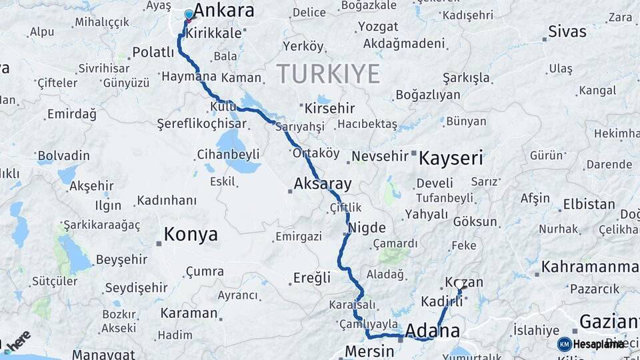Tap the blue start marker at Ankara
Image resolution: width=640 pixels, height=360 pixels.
click(x=189, y=15)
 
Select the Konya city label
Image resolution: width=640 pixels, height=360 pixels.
click(x=191, y=234)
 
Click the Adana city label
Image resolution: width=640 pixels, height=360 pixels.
click(x=433, y=331)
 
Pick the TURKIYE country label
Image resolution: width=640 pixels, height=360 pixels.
click(x=328, y=73)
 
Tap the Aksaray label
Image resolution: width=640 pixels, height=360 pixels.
click(x=323, y=183)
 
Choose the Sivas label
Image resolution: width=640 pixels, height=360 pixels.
click(x=567, y=31)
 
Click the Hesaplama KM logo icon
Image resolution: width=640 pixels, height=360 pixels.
click(x=565, y=344)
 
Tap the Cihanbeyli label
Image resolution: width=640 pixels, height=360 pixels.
click(x=228, y=155)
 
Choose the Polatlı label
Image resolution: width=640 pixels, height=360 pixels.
click(x=153, y=52)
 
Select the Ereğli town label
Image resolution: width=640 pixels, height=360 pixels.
click(x=312, y=277)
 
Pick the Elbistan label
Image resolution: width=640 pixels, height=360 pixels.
click(x=589, y=204)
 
